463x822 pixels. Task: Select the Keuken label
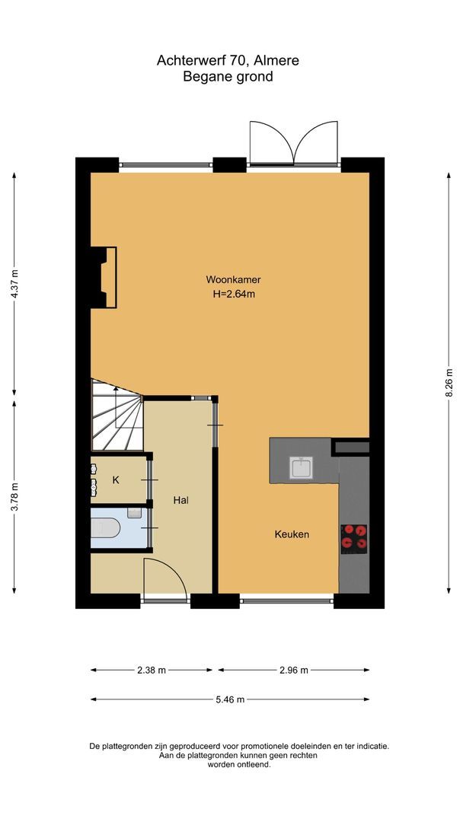coord(292,534)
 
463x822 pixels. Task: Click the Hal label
coord(180,500)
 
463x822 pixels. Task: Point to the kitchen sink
coord(302,467)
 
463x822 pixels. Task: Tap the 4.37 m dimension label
coord(14,285)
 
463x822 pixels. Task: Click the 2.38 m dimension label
coord(151,671)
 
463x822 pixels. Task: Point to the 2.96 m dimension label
coord(293,671)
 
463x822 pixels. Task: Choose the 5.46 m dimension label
coord(230,699)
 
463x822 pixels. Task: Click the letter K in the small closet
coord(116,479)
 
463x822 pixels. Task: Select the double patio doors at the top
coord(294,144)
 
